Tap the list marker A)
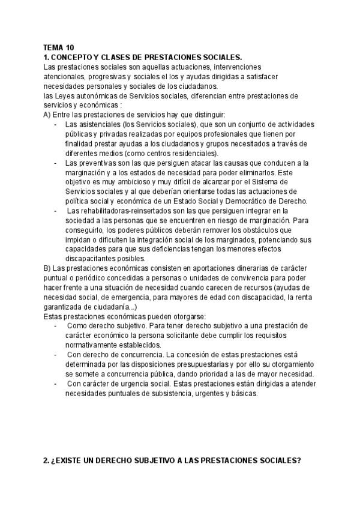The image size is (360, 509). (48, 115)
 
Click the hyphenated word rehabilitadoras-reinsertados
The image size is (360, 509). (119, 211)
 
